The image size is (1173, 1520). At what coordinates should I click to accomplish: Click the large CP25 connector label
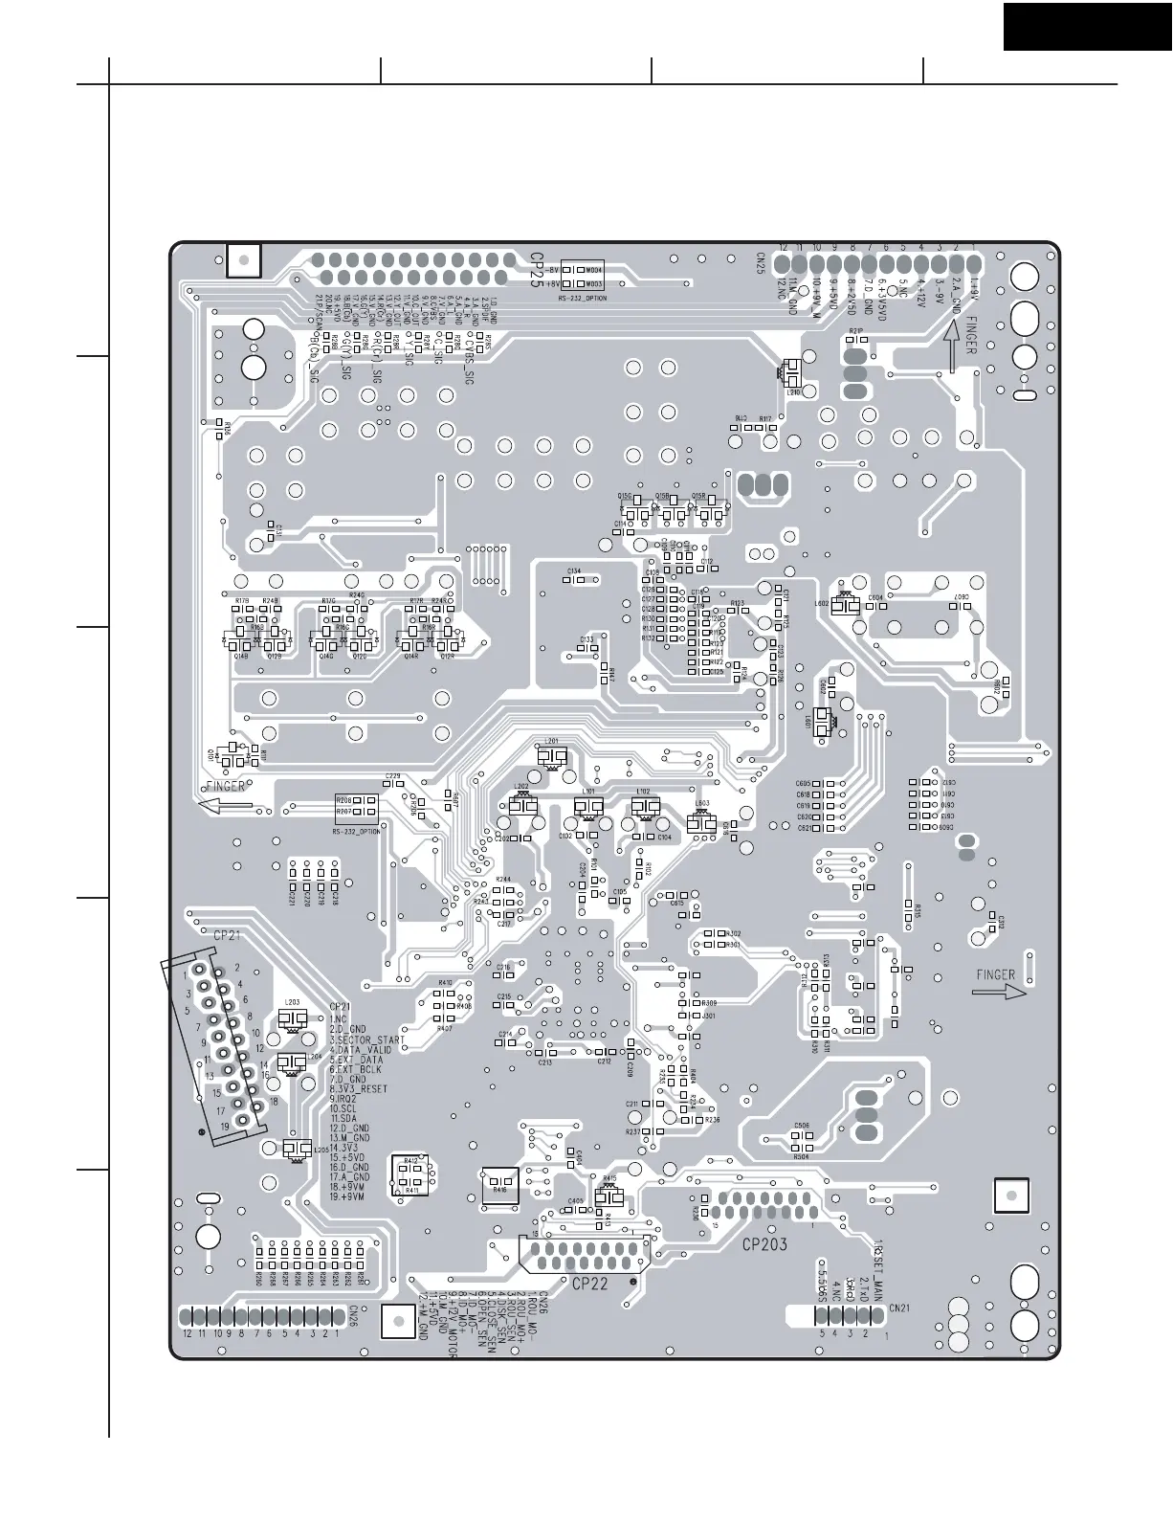tap(537, 272)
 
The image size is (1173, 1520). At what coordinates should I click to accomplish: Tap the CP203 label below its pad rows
tap(764, 1246)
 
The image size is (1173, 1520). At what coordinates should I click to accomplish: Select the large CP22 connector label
tap(589, 1285)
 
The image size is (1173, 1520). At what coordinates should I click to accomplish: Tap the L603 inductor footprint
tap(702, 821)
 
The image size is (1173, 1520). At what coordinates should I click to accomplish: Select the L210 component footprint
tap(793, 374)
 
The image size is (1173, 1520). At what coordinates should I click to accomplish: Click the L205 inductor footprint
tap(296, 1149)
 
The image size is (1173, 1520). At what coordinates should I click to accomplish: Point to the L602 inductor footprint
tap(844, 605)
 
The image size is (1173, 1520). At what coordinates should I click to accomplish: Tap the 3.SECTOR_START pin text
tap(367, 1039)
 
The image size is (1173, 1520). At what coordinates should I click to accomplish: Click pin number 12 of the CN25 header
tap(783, 247)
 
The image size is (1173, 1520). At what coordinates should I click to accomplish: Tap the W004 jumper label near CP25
tap(593, 270)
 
